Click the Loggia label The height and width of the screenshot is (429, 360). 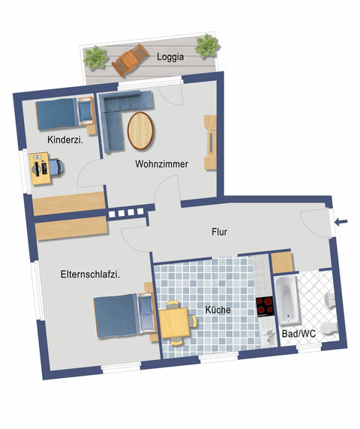(171, 56)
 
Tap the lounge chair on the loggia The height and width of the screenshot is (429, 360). (130, 60)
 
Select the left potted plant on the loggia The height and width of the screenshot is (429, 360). (95, 57)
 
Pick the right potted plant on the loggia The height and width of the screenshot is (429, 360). (205, 46)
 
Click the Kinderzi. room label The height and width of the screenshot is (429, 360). (64, 140)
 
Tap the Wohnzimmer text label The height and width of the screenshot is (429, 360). (161, 163)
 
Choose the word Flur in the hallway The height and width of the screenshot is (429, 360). (218, 232)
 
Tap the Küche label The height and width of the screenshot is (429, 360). (217, 310)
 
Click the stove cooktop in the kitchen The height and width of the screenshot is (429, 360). (265, 307)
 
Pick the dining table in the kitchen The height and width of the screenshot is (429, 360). (177, 322)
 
